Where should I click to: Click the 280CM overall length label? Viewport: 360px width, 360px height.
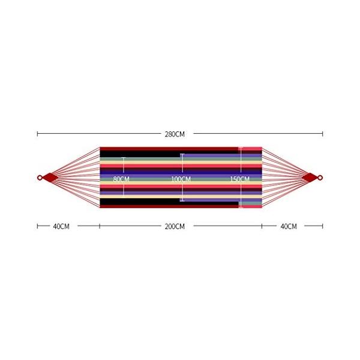point(175,134)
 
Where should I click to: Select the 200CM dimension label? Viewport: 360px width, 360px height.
point(175,227)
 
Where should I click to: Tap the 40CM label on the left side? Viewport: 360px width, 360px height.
point(61,227)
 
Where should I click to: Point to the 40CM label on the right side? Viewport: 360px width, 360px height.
point(289,227)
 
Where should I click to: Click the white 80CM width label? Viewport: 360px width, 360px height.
point(121,179)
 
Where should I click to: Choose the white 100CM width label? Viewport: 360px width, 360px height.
point(181,179)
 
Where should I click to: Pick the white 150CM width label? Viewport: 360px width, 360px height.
point(239,179)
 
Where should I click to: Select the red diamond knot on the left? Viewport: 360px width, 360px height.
point(50,178)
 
